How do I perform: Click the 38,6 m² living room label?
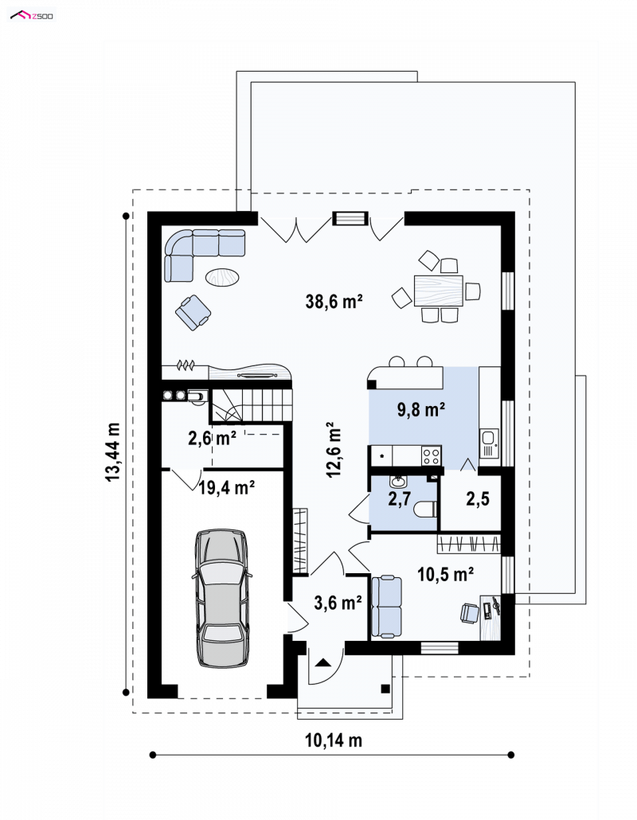pyautogui.click(x=334, y=301)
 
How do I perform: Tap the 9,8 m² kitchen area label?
pyautogui.click(x=421, y=409)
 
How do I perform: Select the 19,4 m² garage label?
pyautogui.click(x=226, y=487)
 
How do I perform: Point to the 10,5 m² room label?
pyautogui.click(x=446, y=574)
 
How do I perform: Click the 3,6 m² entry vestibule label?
pyautogui.click(x=338, y=603)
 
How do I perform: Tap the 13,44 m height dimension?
pyautogui.click(x=113, y=452)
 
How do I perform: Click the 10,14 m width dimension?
pyautogui.click(x=334, y=740)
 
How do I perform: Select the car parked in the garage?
pyautogui.click(x=222, y=598)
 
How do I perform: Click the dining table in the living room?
pyautogui.click(x=438, y=291)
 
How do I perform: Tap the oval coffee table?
pyautogui.click(x=222, y=276)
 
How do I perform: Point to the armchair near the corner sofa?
pyautogui.click(x=193, y=313)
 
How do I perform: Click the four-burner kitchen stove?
pyautogui.click(x=432, y=455)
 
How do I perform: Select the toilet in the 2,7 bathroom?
pyautogui.click(x=425, y=509)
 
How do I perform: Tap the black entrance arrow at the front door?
pyautogui.click(x=322, y=662)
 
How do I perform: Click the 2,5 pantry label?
pyautogui.click(x=478, y=499)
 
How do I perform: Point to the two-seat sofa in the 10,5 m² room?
pyautogui.click(x=386, y=607)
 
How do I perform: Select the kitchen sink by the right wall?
pyautogui.click(x=489, y=443)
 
